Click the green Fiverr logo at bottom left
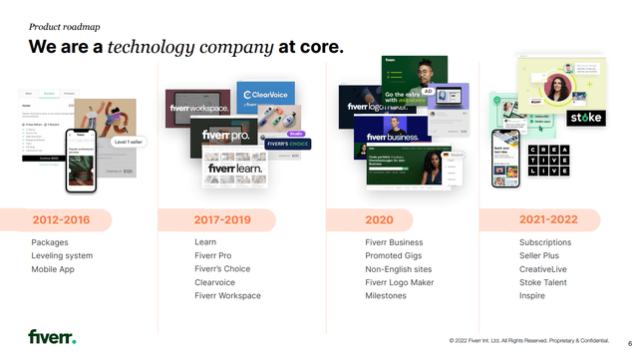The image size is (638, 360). pyautogui.click(x=50, y=336)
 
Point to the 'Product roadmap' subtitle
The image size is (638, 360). pyautogui.click(x=65, y=27)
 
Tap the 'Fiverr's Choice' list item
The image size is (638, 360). pyautogui.click(x=222, y=269)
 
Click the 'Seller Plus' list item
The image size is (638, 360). pyautogui.click(x=544, y=255)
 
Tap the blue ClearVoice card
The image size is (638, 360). pyautogui.click(x=265, y=100)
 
